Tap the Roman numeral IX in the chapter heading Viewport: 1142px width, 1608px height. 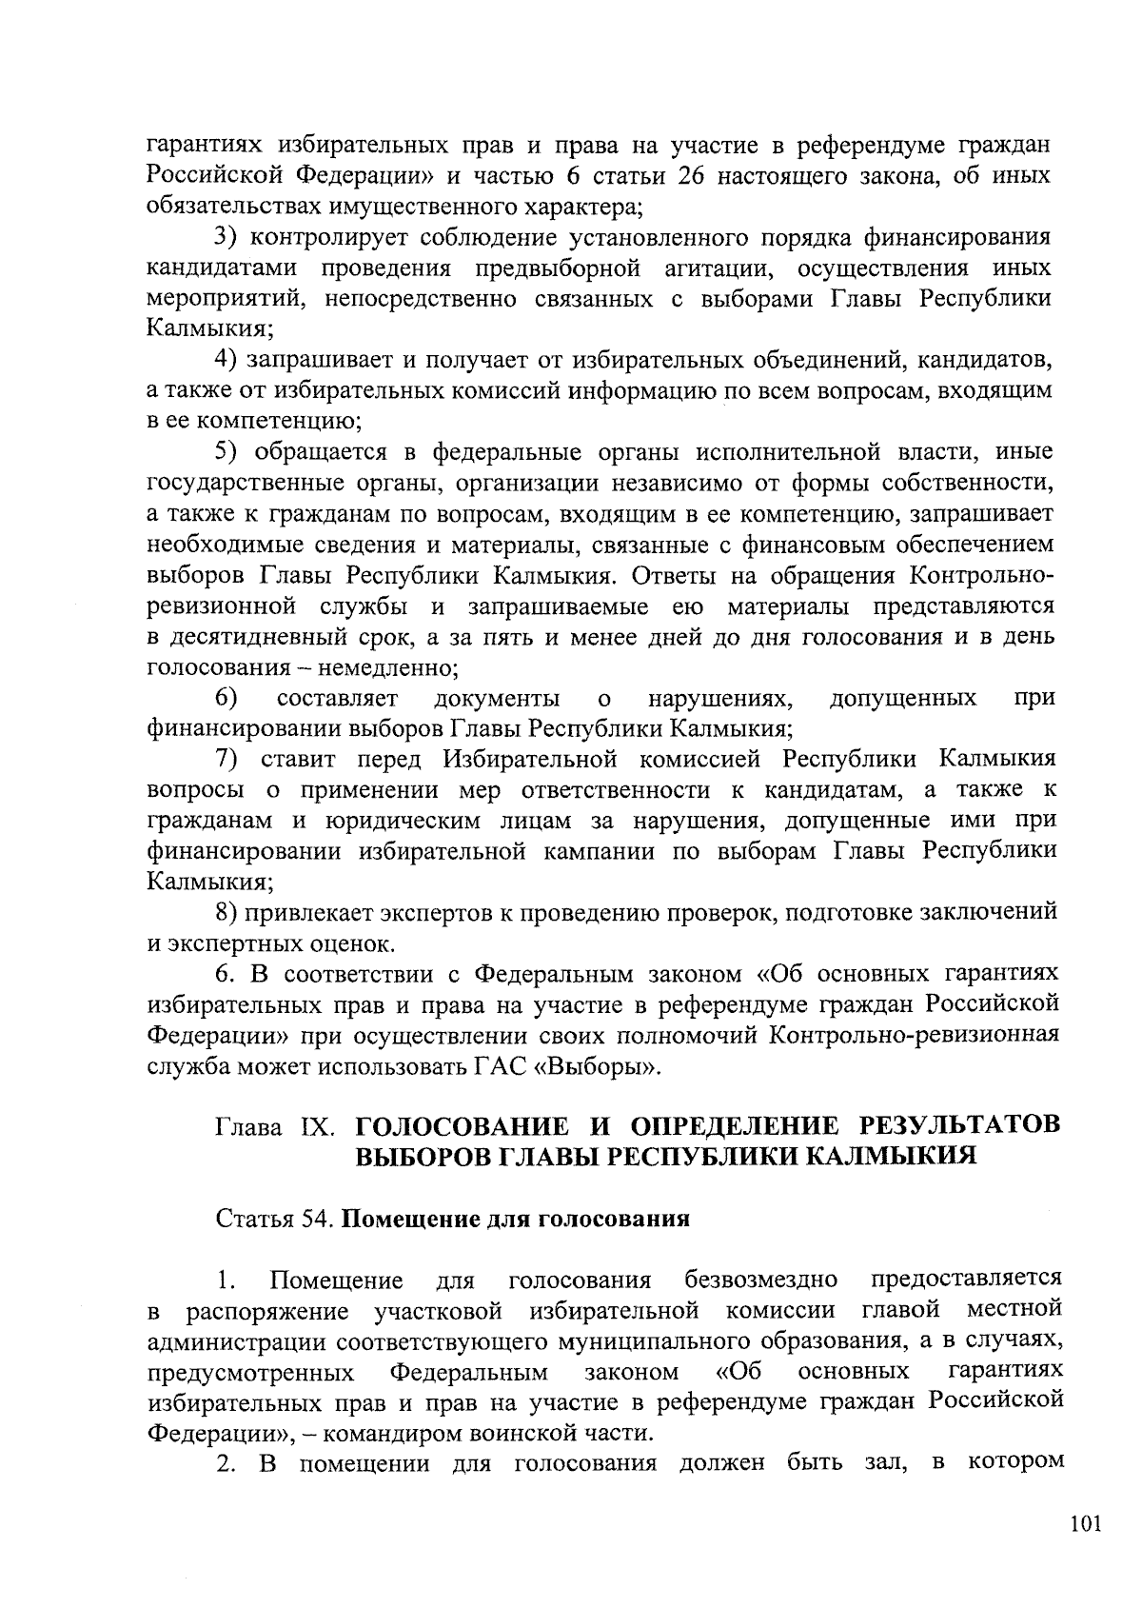[x=314, y=1128]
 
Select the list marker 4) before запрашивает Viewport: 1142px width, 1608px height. [x=226, y=361]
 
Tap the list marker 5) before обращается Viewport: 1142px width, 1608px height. [x=226, y=452]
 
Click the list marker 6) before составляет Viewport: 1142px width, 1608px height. [x=226, y=699]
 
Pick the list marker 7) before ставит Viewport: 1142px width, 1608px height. [x=226, y=760]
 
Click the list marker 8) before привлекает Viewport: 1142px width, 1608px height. [x=226, y=913]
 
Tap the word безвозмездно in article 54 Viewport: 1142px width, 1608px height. [x=761, y=1280]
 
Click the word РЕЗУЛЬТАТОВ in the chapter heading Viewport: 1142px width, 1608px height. [x=959, y=1126]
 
